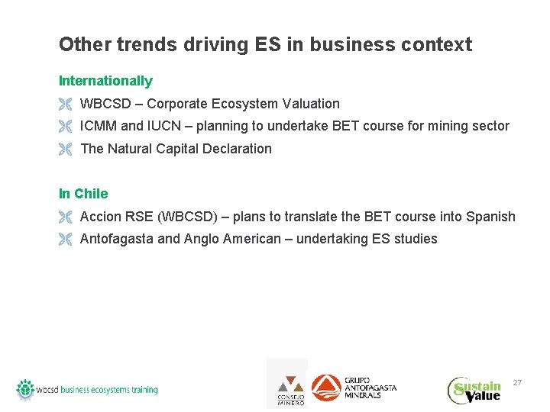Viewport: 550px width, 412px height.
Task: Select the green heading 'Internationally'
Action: pyautogui.click(x=105, y=81)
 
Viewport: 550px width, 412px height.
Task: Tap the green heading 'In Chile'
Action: pyautogui.click(x=83, y=194)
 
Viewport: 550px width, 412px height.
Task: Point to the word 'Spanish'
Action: pyautogui.click(x=490, y=217)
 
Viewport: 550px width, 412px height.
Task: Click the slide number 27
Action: pyautogui.click(x=517, y=381)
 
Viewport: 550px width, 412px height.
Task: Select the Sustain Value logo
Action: pyautogui.click(x=474, y=389)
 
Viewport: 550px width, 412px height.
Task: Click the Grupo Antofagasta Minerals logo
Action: pyautogui.click(x=354, y=387)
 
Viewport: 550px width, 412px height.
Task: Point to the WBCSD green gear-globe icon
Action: pyautogui.click(x=25, y=388)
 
